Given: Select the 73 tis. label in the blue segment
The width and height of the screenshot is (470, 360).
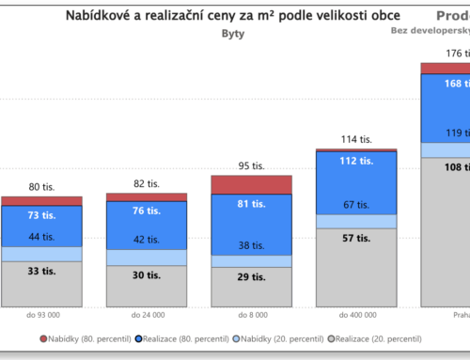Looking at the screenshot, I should (x=41, y=215).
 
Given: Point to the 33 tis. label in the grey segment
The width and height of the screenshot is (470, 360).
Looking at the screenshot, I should (x=41, y=272).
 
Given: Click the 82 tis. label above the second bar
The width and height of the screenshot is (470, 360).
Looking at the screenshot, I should (x=146, y=183).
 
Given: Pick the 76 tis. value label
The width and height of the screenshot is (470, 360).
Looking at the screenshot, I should (x=146, y=211).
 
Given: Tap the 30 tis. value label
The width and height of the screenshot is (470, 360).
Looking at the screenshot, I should (x=146, y=274).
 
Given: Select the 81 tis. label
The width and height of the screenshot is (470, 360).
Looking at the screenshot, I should (x=251, y=204).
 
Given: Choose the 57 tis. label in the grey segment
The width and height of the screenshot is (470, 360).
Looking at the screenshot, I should (x=356, y=239).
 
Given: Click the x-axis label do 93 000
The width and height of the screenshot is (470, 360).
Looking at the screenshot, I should (x=41, y=315).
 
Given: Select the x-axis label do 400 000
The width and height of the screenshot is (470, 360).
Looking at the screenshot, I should (x=356, y=315).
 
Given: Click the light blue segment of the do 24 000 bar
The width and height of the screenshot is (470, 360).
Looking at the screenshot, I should (x=146, y=257).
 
